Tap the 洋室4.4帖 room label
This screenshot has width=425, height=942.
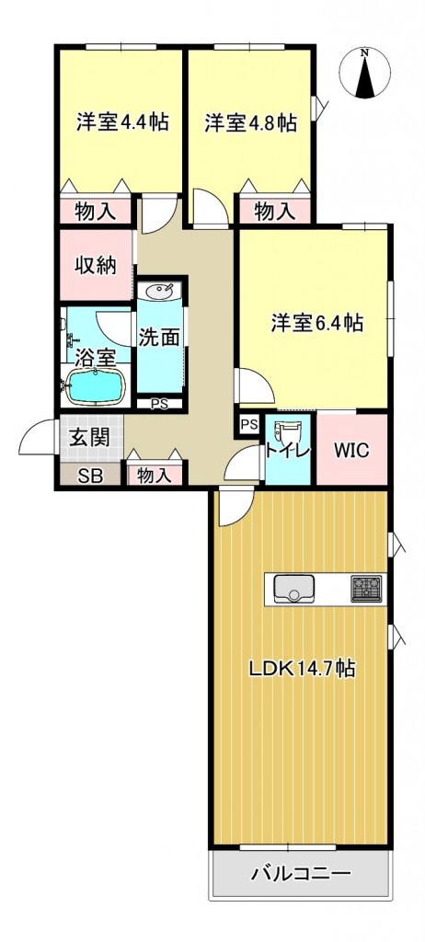click(121, 122)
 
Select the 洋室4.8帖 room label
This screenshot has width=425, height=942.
click(250, 122)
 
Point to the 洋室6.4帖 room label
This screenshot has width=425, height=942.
click(316, 324)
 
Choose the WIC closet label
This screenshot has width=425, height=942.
click(351, 450)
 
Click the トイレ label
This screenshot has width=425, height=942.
click(288, 449)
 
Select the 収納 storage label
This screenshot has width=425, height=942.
click(96, 265)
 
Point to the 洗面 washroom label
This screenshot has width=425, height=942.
click(160, 337)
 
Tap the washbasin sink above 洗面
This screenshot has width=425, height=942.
click(159, 292)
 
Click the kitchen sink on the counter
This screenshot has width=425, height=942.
click(294, 589)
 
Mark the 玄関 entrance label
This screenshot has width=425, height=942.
click(91, 437)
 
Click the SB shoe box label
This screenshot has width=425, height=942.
click(92, 476)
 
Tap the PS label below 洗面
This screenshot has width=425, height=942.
click(159, 405)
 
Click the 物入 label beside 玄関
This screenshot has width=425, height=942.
click(155, 476)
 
